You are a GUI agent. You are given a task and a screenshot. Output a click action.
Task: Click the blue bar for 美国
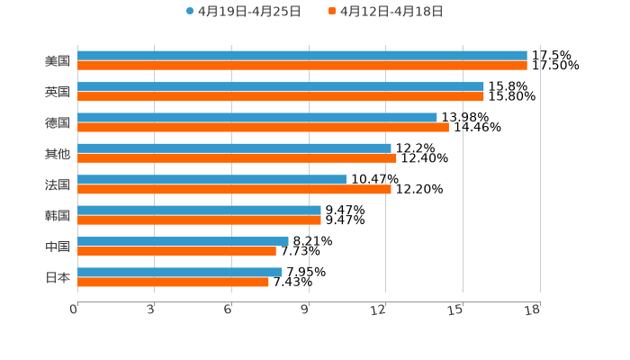(x=301, y=56)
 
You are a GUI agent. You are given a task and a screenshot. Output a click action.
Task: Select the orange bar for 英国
(x=280, y=96)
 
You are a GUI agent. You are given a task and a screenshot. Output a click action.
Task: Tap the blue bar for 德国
(x=256, y=117)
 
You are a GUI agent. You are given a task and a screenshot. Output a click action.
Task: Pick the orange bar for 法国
(x=234, y=189)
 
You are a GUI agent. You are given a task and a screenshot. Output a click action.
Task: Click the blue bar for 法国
(x=211, y=179)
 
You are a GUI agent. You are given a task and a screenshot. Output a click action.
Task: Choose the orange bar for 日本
(x=173, y=282)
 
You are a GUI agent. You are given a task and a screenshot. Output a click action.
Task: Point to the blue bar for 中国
(x=183, y=241)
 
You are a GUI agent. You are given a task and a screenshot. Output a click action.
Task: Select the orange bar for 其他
(x=237, y=158)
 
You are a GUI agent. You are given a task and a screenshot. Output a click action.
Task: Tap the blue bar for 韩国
(x=199, y=210)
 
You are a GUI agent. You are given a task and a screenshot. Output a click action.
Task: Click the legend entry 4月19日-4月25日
(x=243, y=12)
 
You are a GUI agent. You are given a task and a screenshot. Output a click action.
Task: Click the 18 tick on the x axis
(x=533, y=310)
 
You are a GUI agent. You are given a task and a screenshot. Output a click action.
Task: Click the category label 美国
(x=58, y=61)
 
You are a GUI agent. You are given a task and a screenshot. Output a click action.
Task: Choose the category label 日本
(x=58, y=277)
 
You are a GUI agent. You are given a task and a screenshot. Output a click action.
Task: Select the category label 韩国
(x=58, y=215)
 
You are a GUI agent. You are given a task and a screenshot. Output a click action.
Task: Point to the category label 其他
(x=58, y=154)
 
